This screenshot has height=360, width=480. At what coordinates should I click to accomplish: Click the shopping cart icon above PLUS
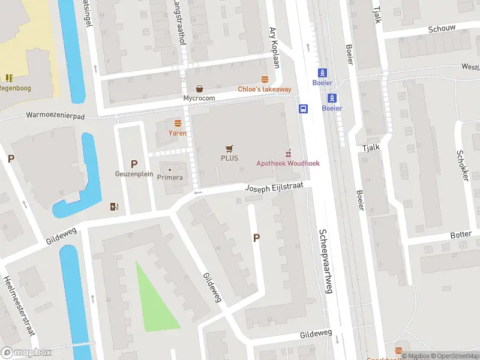click(228, 148)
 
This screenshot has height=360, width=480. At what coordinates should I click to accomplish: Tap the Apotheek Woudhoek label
click(288, 163)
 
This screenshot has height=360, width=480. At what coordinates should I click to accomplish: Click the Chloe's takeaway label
click(265, 89)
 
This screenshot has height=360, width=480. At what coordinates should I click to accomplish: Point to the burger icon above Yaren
click(178, 122)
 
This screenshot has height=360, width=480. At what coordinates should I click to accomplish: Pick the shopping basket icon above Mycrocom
click(199, 88)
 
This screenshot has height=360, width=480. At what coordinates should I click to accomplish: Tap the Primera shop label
click(170, 178)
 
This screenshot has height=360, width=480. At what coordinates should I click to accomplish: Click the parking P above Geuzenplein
click(134, 164)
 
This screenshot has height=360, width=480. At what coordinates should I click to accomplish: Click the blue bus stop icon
click(304, 109)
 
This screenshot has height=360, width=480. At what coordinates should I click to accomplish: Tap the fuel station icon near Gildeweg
click(115, 207)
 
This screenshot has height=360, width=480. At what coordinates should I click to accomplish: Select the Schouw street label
click(442, 28)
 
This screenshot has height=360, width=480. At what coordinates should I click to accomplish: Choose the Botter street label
click(461, 235)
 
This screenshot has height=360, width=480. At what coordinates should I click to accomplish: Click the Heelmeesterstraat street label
click(18, 306)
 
